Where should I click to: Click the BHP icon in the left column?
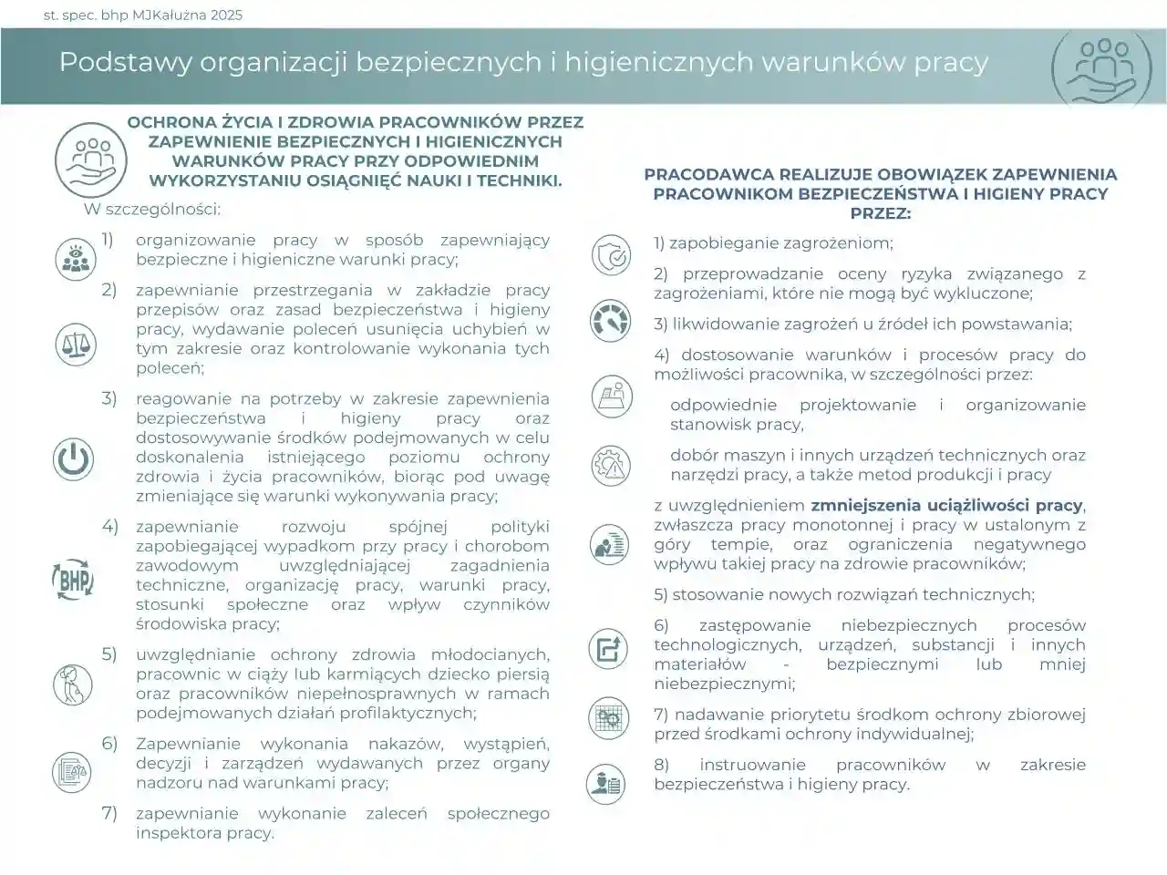[73, 577]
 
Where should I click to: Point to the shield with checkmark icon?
[610, 255]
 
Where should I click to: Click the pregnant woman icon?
[73, 685]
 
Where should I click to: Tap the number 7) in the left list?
[109, 813]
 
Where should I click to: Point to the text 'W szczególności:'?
[152, 209]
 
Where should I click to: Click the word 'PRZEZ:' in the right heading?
[880, 213]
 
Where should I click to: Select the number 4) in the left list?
[109, 526]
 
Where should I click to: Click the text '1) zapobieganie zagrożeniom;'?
[773, 243]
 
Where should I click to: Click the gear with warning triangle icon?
[610, 465]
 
